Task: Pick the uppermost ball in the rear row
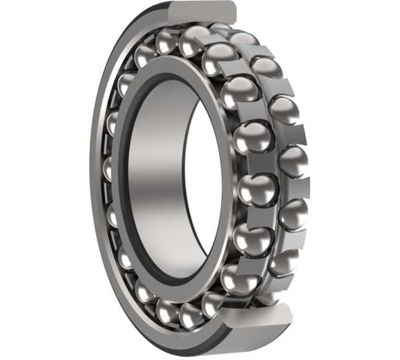click(x=243, y=39)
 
